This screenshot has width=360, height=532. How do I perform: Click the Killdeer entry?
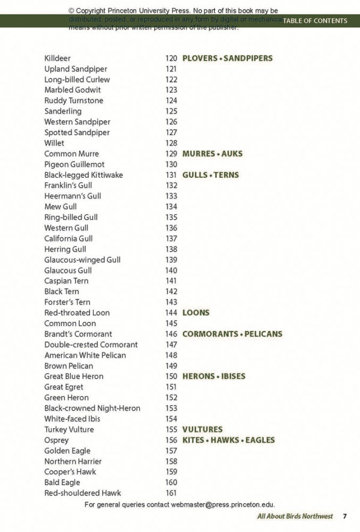point(58,58)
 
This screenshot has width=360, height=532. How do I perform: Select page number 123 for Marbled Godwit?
point(171,90)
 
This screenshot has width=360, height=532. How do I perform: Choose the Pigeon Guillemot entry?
point(74,164)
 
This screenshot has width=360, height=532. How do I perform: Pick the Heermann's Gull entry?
point(73,196)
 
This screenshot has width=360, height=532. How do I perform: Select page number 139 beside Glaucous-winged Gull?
point(171,259)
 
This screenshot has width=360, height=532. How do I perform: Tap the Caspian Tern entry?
point(67,280)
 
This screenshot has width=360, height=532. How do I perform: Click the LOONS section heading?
point(196,313)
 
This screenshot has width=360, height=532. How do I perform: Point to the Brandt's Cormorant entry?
point(78,334)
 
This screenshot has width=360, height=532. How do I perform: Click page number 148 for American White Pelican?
point(171,355)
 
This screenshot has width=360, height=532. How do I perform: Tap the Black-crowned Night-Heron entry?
point(92,408)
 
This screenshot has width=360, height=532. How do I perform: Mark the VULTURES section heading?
point(202,429)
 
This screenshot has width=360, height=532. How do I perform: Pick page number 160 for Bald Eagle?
point(171,482)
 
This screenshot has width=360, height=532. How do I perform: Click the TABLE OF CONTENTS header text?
point(315,20)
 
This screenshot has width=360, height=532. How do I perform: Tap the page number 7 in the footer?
point(345,516)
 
